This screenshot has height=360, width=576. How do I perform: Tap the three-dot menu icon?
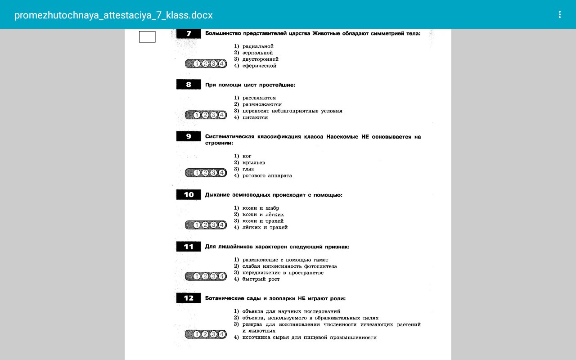(559, 14)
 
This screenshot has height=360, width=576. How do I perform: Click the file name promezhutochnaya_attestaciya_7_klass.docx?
(113, 15)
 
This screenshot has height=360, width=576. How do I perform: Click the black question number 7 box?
(189, 33)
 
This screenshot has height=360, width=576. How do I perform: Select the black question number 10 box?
(189, 195)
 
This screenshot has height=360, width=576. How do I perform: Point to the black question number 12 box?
(189, 298)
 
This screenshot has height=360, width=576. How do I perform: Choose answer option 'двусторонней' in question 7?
(260, 59)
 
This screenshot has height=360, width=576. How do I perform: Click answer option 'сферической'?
(259, 66)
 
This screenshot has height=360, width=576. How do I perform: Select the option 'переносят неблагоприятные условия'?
(292, 111)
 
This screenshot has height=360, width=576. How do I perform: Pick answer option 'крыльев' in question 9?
(253, 162)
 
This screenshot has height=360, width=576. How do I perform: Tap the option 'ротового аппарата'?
(267, 175)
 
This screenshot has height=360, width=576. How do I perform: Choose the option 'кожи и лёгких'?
(263, 215)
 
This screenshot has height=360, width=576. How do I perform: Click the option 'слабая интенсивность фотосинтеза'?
(289, 266)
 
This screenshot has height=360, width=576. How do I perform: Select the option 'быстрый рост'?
(261, 279)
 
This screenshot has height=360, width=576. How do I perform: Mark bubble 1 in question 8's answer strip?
(197, 115)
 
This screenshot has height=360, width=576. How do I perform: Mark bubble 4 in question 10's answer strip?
(222, 225)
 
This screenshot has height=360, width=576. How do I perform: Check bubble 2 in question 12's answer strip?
(205, 334)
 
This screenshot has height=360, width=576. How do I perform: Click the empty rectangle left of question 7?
(147, 37)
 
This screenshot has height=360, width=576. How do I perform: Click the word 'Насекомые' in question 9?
(342, 136)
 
